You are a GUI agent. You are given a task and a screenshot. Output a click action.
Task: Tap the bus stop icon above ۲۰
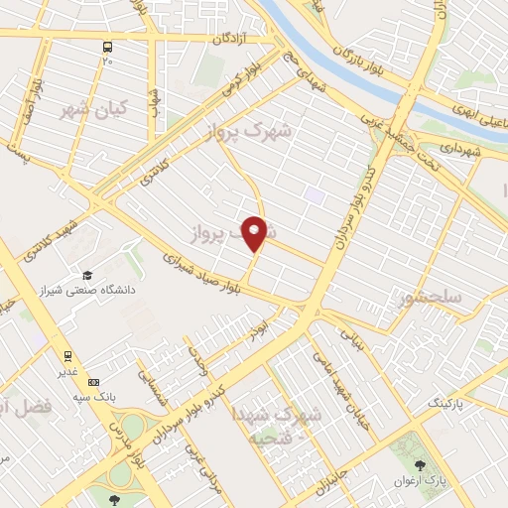click(107, 47)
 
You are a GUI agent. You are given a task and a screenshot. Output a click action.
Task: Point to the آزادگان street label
click(235, 40)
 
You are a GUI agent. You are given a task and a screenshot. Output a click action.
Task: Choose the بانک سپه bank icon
click(93, 382)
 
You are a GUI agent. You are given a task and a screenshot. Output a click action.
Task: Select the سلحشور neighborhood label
click(430, 298)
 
